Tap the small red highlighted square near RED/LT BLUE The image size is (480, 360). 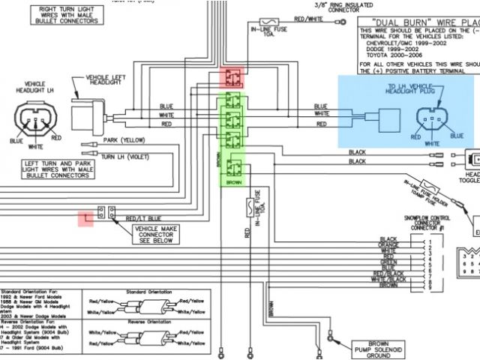pos(87,217)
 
